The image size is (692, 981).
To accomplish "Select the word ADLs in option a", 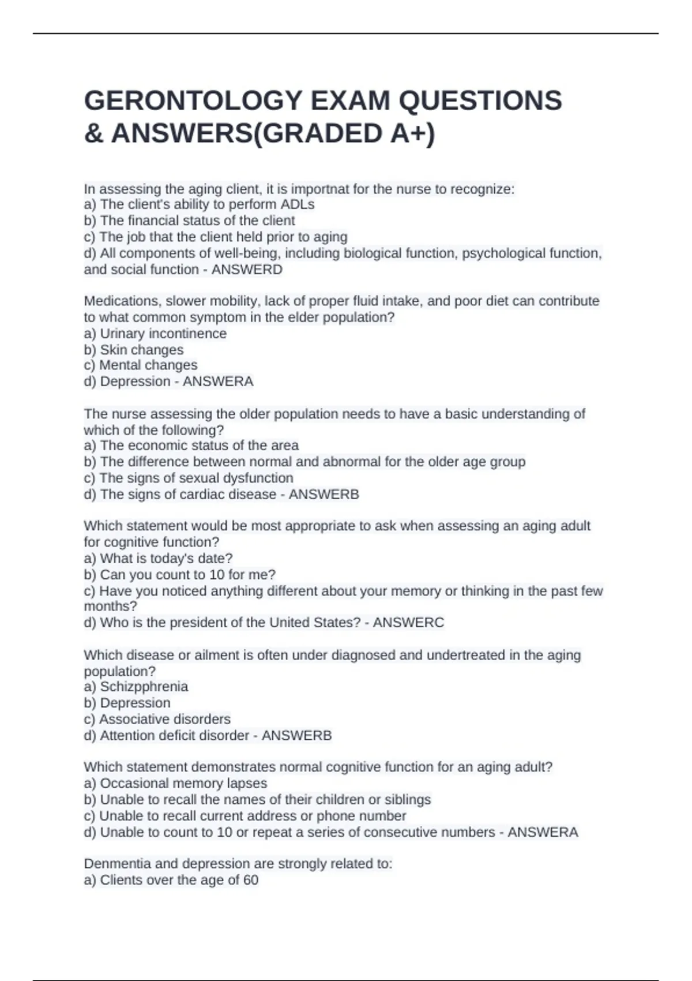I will tap(298, 205).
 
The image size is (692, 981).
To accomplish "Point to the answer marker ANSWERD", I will tap(247, 269).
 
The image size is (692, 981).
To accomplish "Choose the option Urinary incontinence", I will tap(163, 334).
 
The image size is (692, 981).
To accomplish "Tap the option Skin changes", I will tap(141, 350).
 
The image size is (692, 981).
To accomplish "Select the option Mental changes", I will tap(148, 365).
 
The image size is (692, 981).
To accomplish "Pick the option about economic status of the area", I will tap(199, 445).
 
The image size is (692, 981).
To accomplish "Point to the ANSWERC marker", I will tap(408, 623).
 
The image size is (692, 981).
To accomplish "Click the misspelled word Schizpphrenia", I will tap(144, 687).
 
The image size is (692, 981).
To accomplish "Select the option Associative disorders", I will tap(164, 719).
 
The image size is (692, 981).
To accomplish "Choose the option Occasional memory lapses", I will tap(183, 784).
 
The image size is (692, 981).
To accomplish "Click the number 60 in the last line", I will tap(250, 880).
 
